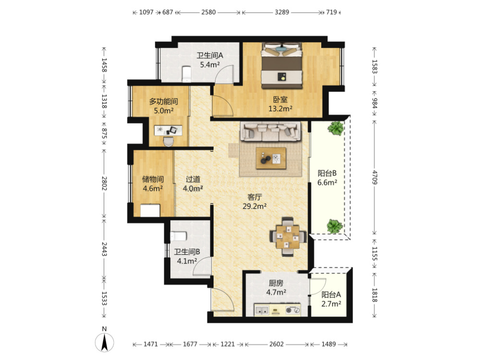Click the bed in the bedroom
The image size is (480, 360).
[x=282, y=66]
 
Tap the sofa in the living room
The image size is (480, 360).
[x=271, y=132]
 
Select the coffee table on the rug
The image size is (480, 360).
[x=271, y=158]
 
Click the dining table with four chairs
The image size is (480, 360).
[x=288, y=237]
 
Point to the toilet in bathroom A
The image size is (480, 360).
[x=186, y=74]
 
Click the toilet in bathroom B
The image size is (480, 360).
[x=178, y=236]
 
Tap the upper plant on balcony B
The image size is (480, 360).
[x=335, y=128]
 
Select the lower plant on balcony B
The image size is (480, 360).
[x=334, y=226]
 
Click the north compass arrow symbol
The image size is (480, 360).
[x=104, y=342]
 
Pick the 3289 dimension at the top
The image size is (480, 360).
[x=282, y=12]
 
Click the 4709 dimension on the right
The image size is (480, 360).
[x=375, y=177]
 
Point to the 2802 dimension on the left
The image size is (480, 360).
[x=104, y=183]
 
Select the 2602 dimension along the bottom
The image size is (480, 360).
[x=276, y=344]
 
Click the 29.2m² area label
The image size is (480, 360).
[x=255, y=206]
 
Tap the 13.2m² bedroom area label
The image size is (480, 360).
[x=280, y=108]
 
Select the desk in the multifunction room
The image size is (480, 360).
[x=168, y=130]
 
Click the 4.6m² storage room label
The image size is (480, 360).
[x=153, y=188]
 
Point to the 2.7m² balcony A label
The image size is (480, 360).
[x=331, y=304]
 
